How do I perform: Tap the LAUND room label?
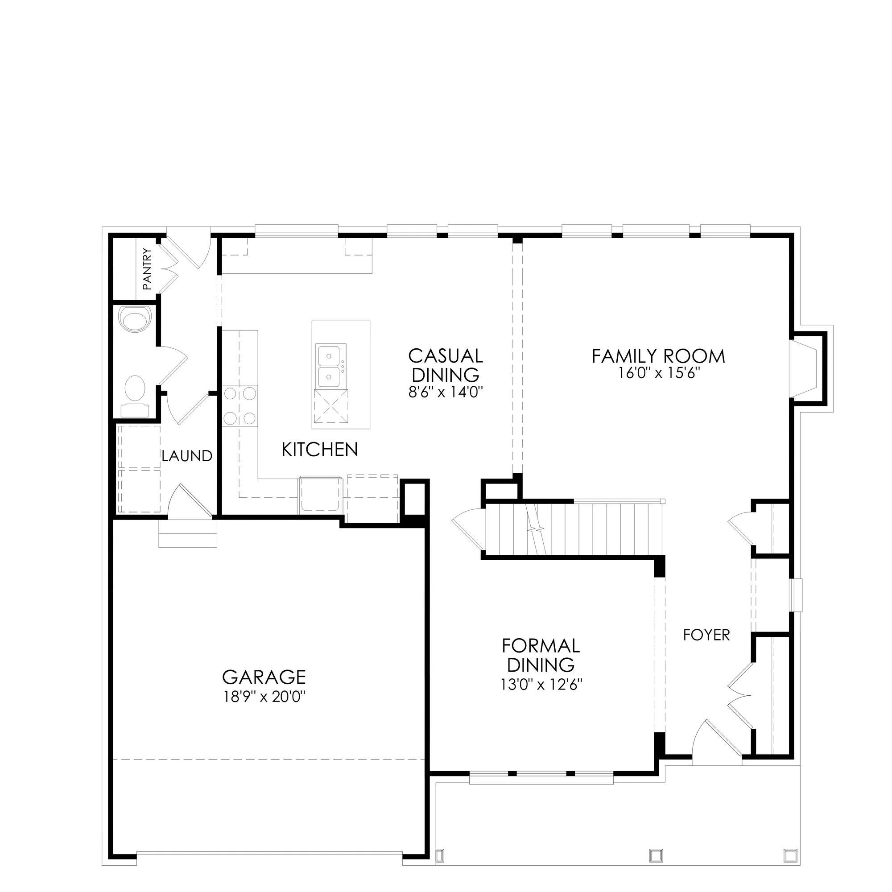[x=187, y=456]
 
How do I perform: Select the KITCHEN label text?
[x=319, y=449]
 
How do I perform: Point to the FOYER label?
[x=706, y=635]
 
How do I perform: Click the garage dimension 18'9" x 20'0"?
[x=264, y=697]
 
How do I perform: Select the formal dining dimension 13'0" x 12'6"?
[x=541, y=684]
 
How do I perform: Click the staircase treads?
[x=575, y=530]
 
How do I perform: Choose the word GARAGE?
[x=264, y=677]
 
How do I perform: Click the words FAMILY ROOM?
[x=659, y=356]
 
